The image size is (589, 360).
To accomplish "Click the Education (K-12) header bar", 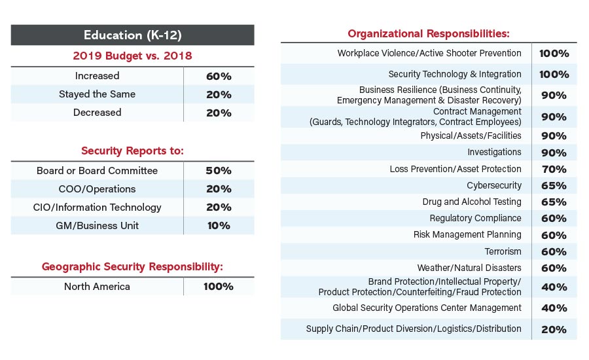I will [x=132, y=35].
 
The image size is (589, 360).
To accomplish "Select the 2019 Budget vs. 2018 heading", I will [x=132, y=56].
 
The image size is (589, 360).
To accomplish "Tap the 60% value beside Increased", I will [x=219, y=76].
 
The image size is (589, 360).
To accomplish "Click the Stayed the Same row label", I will [x=97, y=94].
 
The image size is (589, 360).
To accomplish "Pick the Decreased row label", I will [x=98, y=113].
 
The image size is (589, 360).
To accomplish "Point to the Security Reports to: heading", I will [x=132, y=151].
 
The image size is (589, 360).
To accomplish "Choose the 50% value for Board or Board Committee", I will [x=219, y=171].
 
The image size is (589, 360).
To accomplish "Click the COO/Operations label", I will [x=97, y=189].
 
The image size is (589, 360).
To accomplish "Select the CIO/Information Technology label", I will [x=97, y=207].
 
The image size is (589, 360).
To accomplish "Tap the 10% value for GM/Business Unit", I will [x=219, y=226].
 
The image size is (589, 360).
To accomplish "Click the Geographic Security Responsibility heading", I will [x=132, y=266].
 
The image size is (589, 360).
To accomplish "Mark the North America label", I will [x=97, y=286].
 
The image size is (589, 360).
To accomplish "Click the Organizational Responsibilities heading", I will [x=428, y=33].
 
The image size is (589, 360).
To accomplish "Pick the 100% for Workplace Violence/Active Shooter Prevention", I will [x=554, y=54].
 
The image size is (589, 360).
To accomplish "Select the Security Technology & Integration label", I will [x=455, y=74].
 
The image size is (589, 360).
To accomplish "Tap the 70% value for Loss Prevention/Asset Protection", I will [x=554, y=169].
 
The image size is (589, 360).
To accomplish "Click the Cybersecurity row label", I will [x=494, y=185].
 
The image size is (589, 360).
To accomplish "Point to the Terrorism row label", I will [x=503, y=251].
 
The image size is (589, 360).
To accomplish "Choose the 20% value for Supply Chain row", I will [x=554, y=329].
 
